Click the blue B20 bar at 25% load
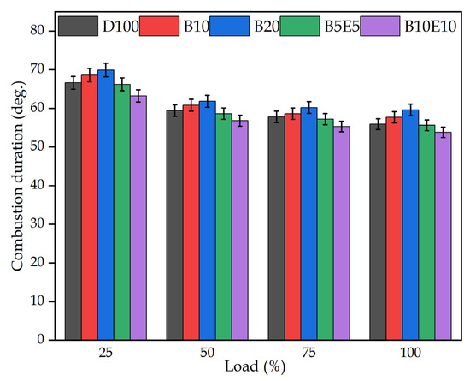tap(106, 205)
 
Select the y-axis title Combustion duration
tap(16, 185)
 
